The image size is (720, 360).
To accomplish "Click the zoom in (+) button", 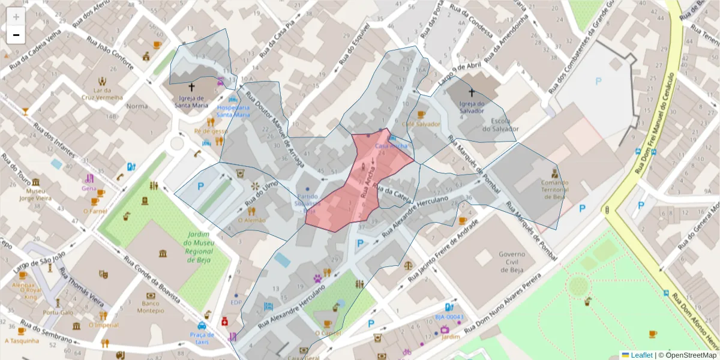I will [x=16, y=17].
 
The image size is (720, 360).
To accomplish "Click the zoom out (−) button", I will [x=16, y=35].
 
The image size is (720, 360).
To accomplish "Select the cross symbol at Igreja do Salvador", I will [x=472, y=93].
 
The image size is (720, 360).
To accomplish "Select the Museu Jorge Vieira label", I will [x=36, y=193].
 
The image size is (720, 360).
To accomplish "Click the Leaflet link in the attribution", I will [x=641, y=355].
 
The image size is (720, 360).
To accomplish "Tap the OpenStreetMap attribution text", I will [x=689, y=355].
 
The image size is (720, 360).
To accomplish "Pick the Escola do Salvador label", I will [x=500, y=124].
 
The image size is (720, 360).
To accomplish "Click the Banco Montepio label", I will [x=149, y=307].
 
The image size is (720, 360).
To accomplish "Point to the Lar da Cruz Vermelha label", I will [x=103, y=93].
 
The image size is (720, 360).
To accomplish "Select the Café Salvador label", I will [x=421, y=124].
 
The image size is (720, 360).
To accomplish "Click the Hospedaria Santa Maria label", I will [x=233, y=111].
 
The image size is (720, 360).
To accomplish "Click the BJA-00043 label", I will [x=449, y=317].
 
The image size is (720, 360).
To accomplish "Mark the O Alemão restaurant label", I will [x=251, y=220].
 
